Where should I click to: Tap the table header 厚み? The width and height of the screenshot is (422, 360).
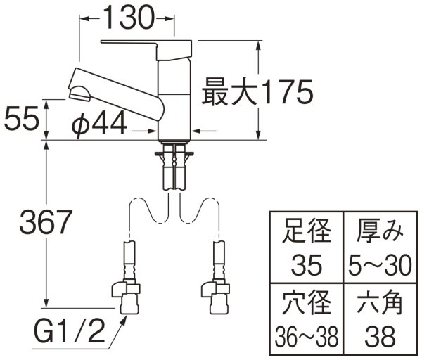coord(378,231)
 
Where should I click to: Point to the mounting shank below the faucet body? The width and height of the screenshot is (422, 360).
coord(174,165)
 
